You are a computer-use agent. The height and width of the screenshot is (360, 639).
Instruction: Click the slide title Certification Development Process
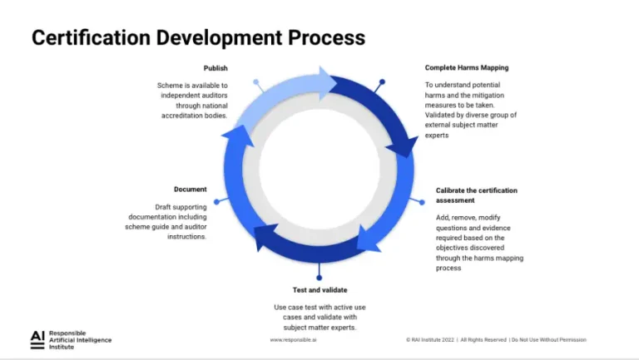[x=198, y=37]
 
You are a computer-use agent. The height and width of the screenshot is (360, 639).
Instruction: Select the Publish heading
[x=215, y=68]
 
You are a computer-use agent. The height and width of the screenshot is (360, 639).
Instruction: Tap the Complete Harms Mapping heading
[x=466, y=68]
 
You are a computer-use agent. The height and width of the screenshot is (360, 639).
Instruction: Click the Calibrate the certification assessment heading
[x=476, y=195]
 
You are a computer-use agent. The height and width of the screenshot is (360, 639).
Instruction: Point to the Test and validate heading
[x=319, y=290]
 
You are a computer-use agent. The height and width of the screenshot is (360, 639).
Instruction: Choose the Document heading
[x=190, y=190]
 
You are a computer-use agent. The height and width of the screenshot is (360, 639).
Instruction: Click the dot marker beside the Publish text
[x=256, y=82]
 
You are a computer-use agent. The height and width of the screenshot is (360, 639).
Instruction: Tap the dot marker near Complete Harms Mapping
[x=382, y=82]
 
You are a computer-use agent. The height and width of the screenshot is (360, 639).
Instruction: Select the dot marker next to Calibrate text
[x=423, y=202]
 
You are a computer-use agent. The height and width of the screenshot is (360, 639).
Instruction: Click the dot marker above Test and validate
[x=319, y=278]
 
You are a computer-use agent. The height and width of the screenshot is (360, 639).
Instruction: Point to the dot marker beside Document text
[x=216, y=201]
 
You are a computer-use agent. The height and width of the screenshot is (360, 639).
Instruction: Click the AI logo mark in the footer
[x=37, y=337]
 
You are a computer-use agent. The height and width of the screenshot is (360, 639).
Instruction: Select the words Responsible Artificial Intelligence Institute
[x=80, y=339]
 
